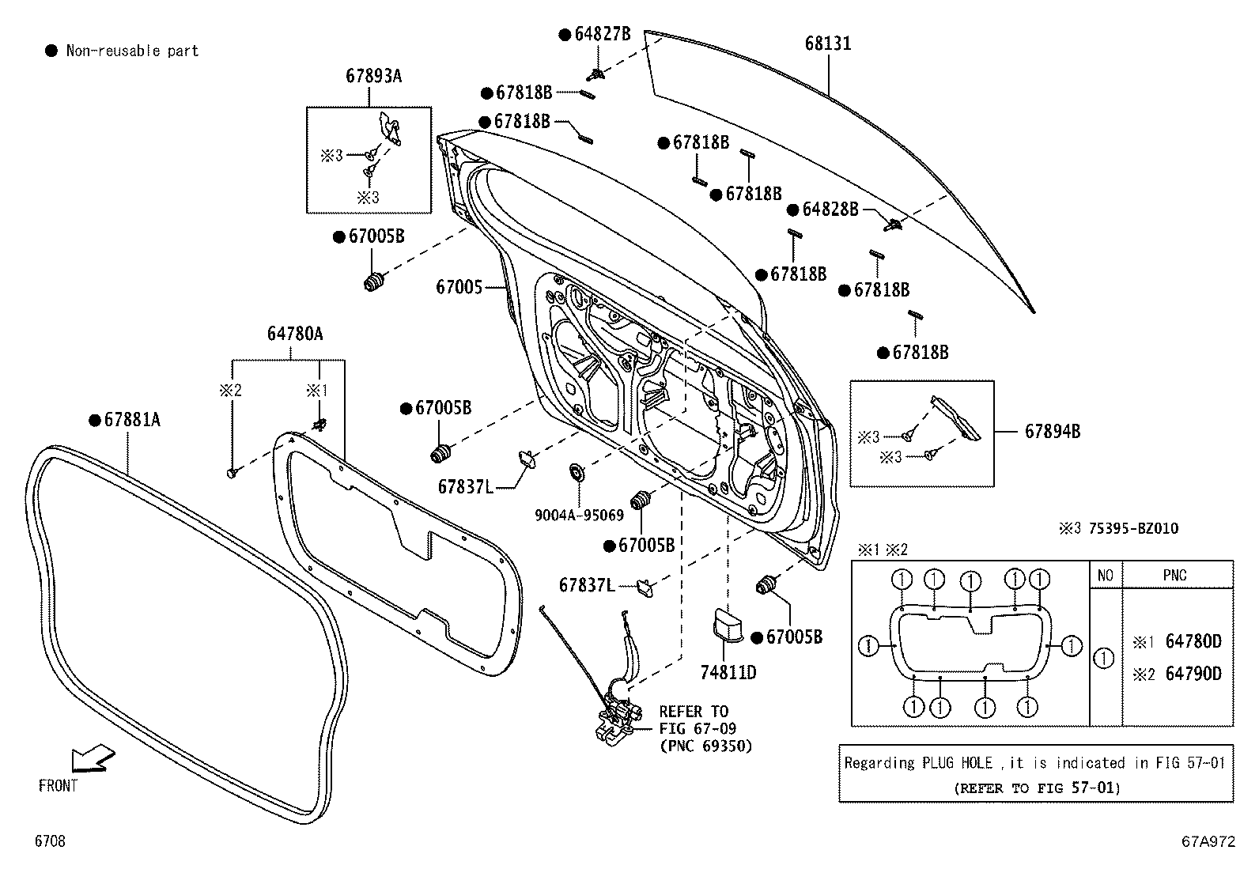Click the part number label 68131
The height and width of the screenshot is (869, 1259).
tap(828, 43)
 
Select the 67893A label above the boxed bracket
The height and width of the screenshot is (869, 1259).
tap(373, 76)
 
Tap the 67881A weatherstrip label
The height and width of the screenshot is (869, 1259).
tap(131, 420)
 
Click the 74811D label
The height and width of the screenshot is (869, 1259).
tap(728, 673)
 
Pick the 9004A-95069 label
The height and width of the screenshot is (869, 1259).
tap(580, 515)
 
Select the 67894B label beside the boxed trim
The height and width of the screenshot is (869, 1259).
tap(1053, 431)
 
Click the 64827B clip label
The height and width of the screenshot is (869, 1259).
tap(602, 34)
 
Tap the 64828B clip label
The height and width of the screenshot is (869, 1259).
tap(830, 210)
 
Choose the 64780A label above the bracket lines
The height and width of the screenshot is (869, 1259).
tap(294, 334)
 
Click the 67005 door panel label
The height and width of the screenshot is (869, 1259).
tap(459, 286)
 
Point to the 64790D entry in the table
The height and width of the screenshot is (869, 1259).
tap(1193, 674)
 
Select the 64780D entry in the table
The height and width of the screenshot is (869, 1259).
tap(1193, 641)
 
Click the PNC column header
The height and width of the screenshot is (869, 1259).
tap(1174, 575)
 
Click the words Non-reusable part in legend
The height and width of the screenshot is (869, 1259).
tap(132, 51)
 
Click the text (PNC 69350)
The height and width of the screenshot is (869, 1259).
tap(705, 746)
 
